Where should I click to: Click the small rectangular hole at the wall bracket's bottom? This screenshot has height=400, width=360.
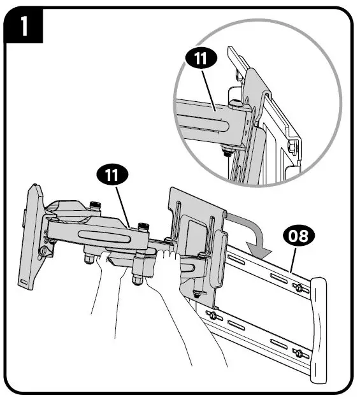click(24, 281)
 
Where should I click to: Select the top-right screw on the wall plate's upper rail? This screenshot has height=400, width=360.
click(298, 288)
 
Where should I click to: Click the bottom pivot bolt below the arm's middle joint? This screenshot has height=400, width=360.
click(137, 279)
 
